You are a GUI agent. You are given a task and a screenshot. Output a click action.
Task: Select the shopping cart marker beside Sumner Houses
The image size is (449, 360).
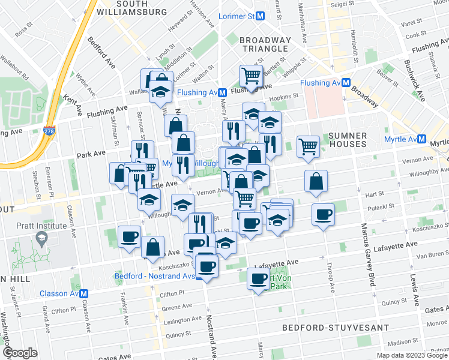(308, 146)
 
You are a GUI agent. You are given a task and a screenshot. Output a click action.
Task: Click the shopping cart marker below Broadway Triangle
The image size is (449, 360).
(251, 76)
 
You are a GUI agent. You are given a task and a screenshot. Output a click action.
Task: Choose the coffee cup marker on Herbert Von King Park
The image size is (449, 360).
(259, 278)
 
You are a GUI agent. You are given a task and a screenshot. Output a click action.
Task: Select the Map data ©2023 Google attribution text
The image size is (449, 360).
(412, 355)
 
